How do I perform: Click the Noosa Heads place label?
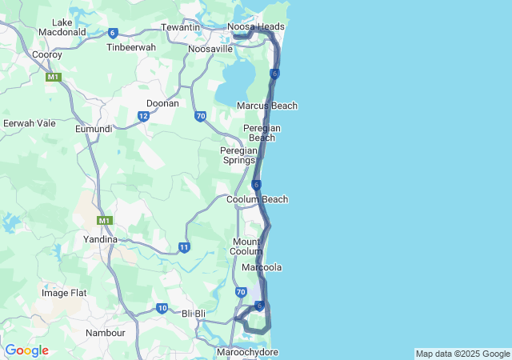pos(256,26)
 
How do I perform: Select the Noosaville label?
pos(210,49)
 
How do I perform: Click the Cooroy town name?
pos(47,54)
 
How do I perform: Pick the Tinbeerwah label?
pos(131,47)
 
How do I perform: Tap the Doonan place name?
pos(162,103)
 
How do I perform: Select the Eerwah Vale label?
pos(30,123)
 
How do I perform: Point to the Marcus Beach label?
pos(267,106)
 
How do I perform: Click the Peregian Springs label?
pos(239,154)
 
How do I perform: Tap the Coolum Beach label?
pos(258,199)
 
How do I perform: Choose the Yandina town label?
pos(101,239)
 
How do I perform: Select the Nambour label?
pos(106,332)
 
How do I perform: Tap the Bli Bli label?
pos(195,313)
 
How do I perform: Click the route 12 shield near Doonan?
pos(143,117)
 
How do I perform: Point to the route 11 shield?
pos(185,247)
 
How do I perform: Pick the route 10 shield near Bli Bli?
pos(162,308)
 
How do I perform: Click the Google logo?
pos(26,350)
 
